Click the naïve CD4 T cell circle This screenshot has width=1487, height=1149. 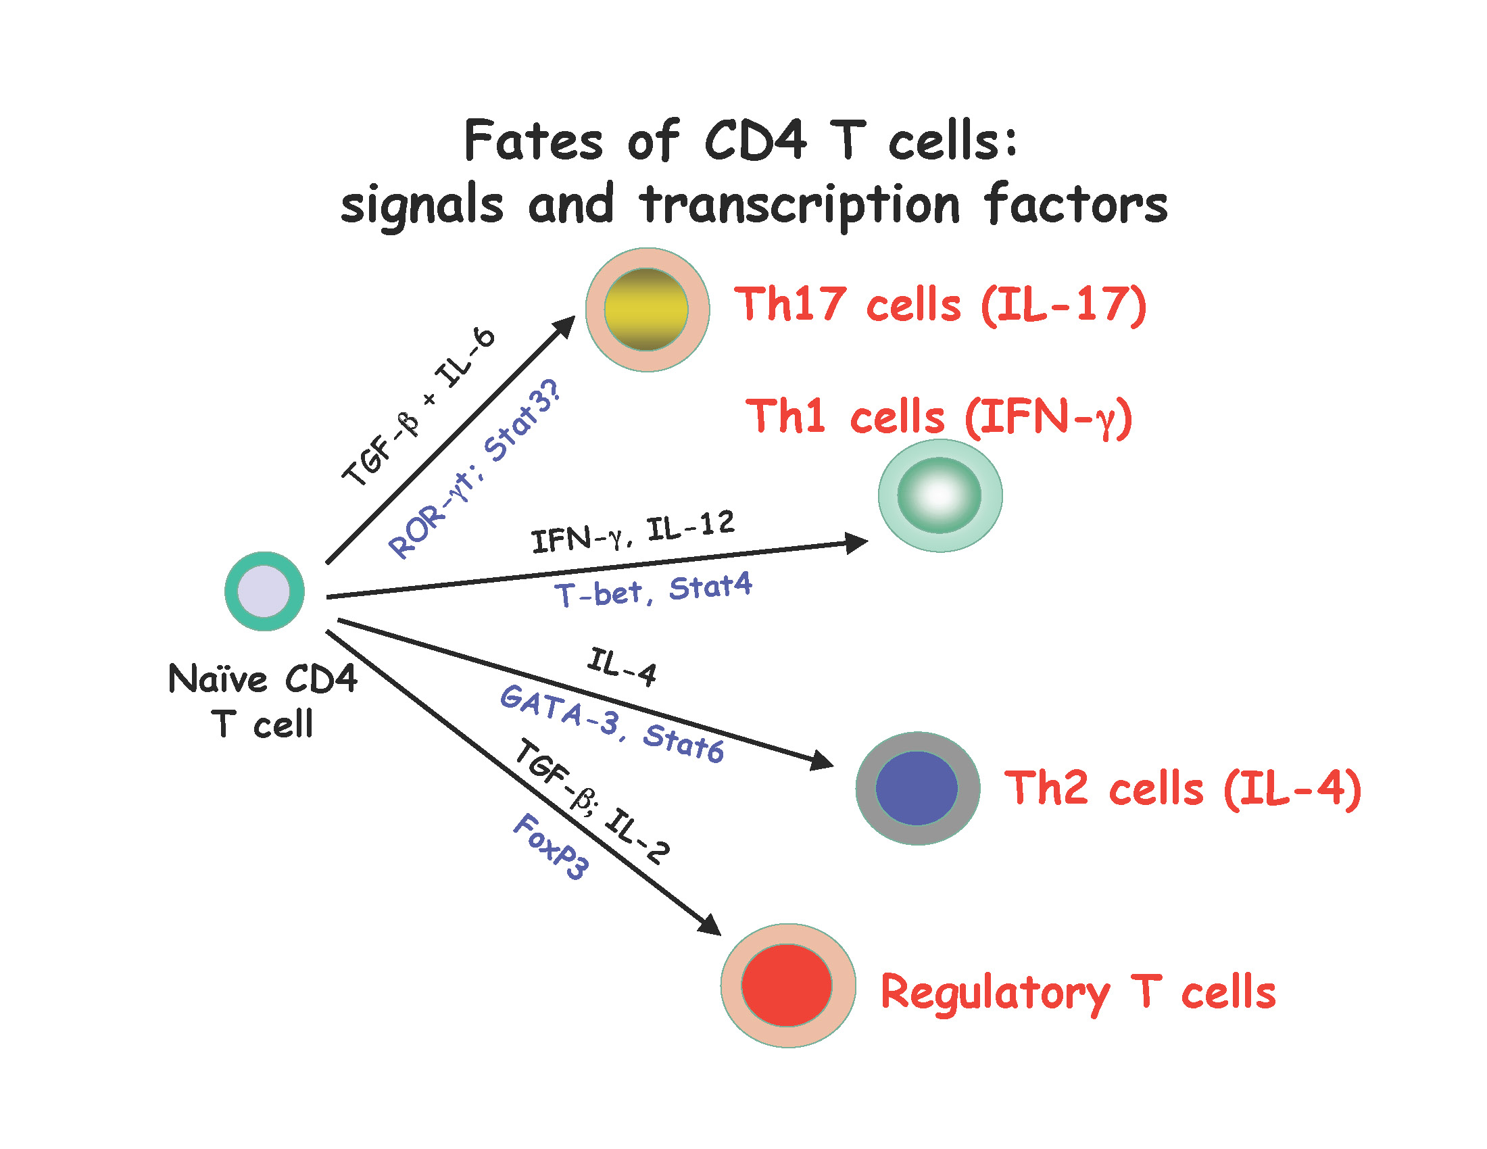tap(264, 591)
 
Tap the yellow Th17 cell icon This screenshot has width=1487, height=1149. tap(647, 310)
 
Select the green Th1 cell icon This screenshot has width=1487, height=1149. tap(940, 495)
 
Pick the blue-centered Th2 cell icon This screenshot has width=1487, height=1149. tap(917, 787)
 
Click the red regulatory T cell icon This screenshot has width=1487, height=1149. tap(787, 985)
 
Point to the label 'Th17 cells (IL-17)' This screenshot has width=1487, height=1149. tap(940, 304)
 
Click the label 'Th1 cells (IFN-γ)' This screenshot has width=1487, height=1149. tap(939, 416)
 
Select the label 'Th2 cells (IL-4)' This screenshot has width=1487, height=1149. tap(1183, 788)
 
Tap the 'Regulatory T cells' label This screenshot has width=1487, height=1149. tap(1078, 992)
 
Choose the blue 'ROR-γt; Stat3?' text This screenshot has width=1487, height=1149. tap(474, 470)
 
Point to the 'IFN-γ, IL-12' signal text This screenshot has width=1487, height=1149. tap(633, 531)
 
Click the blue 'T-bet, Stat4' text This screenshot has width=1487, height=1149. tap(653, 589)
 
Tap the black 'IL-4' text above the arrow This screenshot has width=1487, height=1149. tap(623, 667)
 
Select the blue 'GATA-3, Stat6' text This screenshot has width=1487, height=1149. tap(612, 725)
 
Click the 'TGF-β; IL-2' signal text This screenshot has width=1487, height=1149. tap(592, 801)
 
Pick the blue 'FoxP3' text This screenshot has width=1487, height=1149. tap(551, 846)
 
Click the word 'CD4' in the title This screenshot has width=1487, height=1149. tap(755, 141)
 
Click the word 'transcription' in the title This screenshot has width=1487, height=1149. tap(800, 205)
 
